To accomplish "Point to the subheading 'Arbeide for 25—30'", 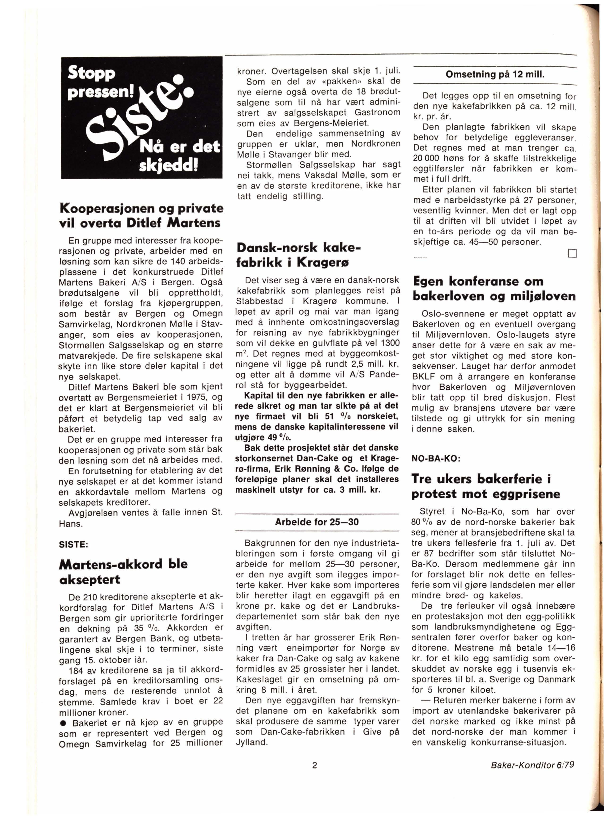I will click(317, 522).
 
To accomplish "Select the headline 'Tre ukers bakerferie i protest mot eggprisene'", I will click(486, 486).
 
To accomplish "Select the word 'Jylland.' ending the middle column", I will click(251, 742).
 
